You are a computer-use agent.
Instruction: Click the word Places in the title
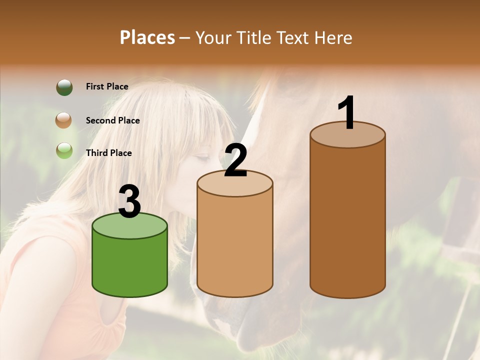(x=147, y=37)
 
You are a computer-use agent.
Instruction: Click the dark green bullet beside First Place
(x=64, y=87)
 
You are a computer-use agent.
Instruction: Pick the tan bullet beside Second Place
(x=64, y=120)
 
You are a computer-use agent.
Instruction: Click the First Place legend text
(x=107, y=86)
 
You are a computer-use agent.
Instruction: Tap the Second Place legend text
(x=112, y=120)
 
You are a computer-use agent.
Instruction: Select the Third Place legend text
(x=108, y=153)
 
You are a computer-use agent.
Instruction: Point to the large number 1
(x=346, y=113)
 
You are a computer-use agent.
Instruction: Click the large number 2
(x=235, y=160)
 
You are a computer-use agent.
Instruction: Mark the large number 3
(x=130, y=202)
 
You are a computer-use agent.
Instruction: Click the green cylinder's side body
(x=130, y=265)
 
